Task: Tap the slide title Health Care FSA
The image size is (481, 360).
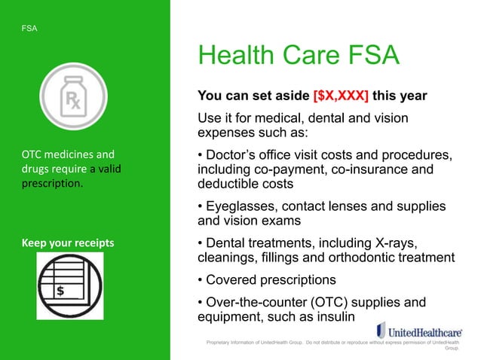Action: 298,57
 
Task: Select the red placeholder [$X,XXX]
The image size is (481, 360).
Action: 341,96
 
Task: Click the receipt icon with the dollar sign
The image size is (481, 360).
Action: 70,276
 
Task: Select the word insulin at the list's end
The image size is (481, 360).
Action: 343,317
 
